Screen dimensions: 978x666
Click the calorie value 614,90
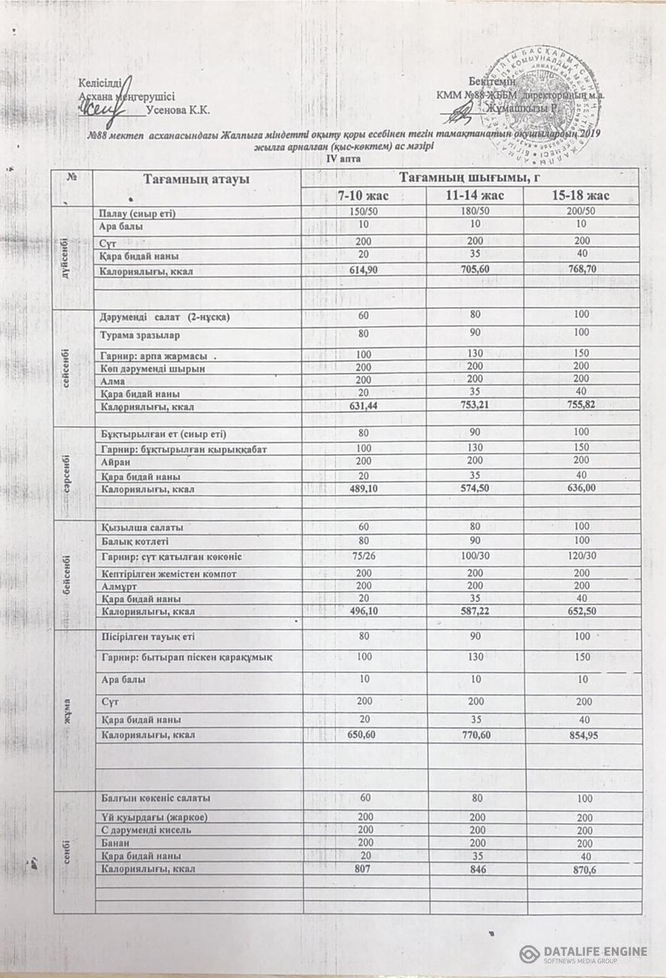[x=364, y=270]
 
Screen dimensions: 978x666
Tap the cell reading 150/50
[x=364, y=212]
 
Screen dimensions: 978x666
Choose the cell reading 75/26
[x=364, y=556]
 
